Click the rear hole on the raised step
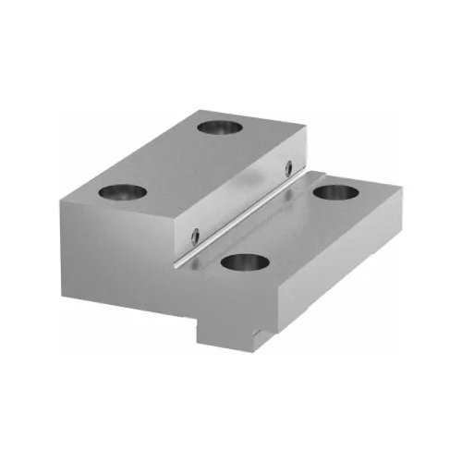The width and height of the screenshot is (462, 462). pos(221,125)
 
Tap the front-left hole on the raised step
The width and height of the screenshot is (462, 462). pos(123,192)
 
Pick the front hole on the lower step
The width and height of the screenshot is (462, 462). pos(245,263)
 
